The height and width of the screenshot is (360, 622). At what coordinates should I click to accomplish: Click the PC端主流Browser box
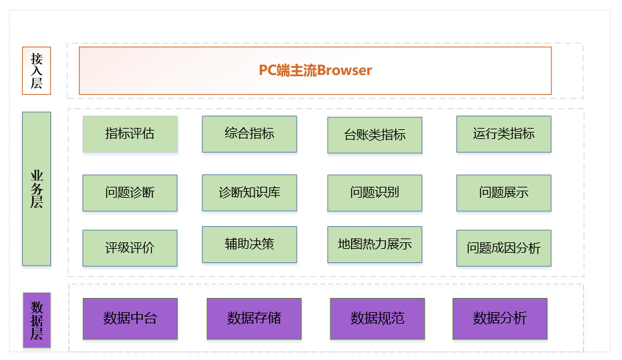(x=315, y=70)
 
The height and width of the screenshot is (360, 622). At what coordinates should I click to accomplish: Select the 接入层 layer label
(x=36, y=71)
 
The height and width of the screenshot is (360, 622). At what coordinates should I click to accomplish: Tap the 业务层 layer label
(x=36, y=189)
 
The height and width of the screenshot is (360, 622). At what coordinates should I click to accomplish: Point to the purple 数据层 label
(x=36, y=320)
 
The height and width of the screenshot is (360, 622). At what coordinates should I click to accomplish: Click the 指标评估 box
(x=130, y=134)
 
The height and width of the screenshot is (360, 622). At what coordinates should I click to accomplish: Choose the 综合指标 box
(x=249, y=134)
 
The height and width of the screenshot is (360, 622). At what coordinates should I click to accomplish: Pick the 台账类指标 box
(x=374, y=135)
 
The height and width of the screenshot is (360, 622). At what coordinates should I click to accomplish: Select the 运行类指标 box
(x=503, y=134)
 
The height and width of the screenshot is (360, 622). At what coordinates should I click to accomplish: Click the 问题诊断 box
(x=130, y=193)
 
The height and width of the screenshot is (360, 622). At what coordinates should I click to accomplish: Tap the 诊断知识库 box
(x=249, y=193)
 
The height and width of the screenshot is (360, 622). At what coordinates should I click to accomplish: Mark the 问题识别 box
(x=374, y=193)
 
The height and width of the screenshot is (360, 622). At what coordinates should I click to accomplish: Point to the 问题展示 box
(x=503, y=193)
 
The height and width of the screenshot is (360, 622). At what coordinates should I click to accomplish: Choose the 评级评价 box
(x=130, y=248)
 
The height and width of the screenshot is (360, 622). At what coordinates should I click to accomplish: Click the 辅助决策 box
(x=249, y=244)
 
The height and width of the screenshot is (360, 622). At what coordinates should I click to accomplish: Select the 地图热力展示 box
(x=374, y=244)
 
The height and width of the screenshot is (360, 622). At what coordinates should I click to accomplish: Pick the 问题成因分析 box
(x=503, y=248)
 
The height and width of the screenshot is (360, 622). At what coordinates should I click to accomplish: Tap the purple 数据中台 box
(x=130, y=319)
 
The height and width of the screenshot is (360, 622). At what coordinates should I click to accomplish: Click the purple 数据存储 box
(x=253, y=319)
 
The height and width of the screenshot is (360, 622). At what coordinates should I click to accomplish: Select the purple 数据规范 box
(x=377, y=319)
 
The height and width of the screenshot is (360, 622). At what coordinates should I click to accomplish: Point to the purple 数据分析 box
(x=499, y=319)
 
